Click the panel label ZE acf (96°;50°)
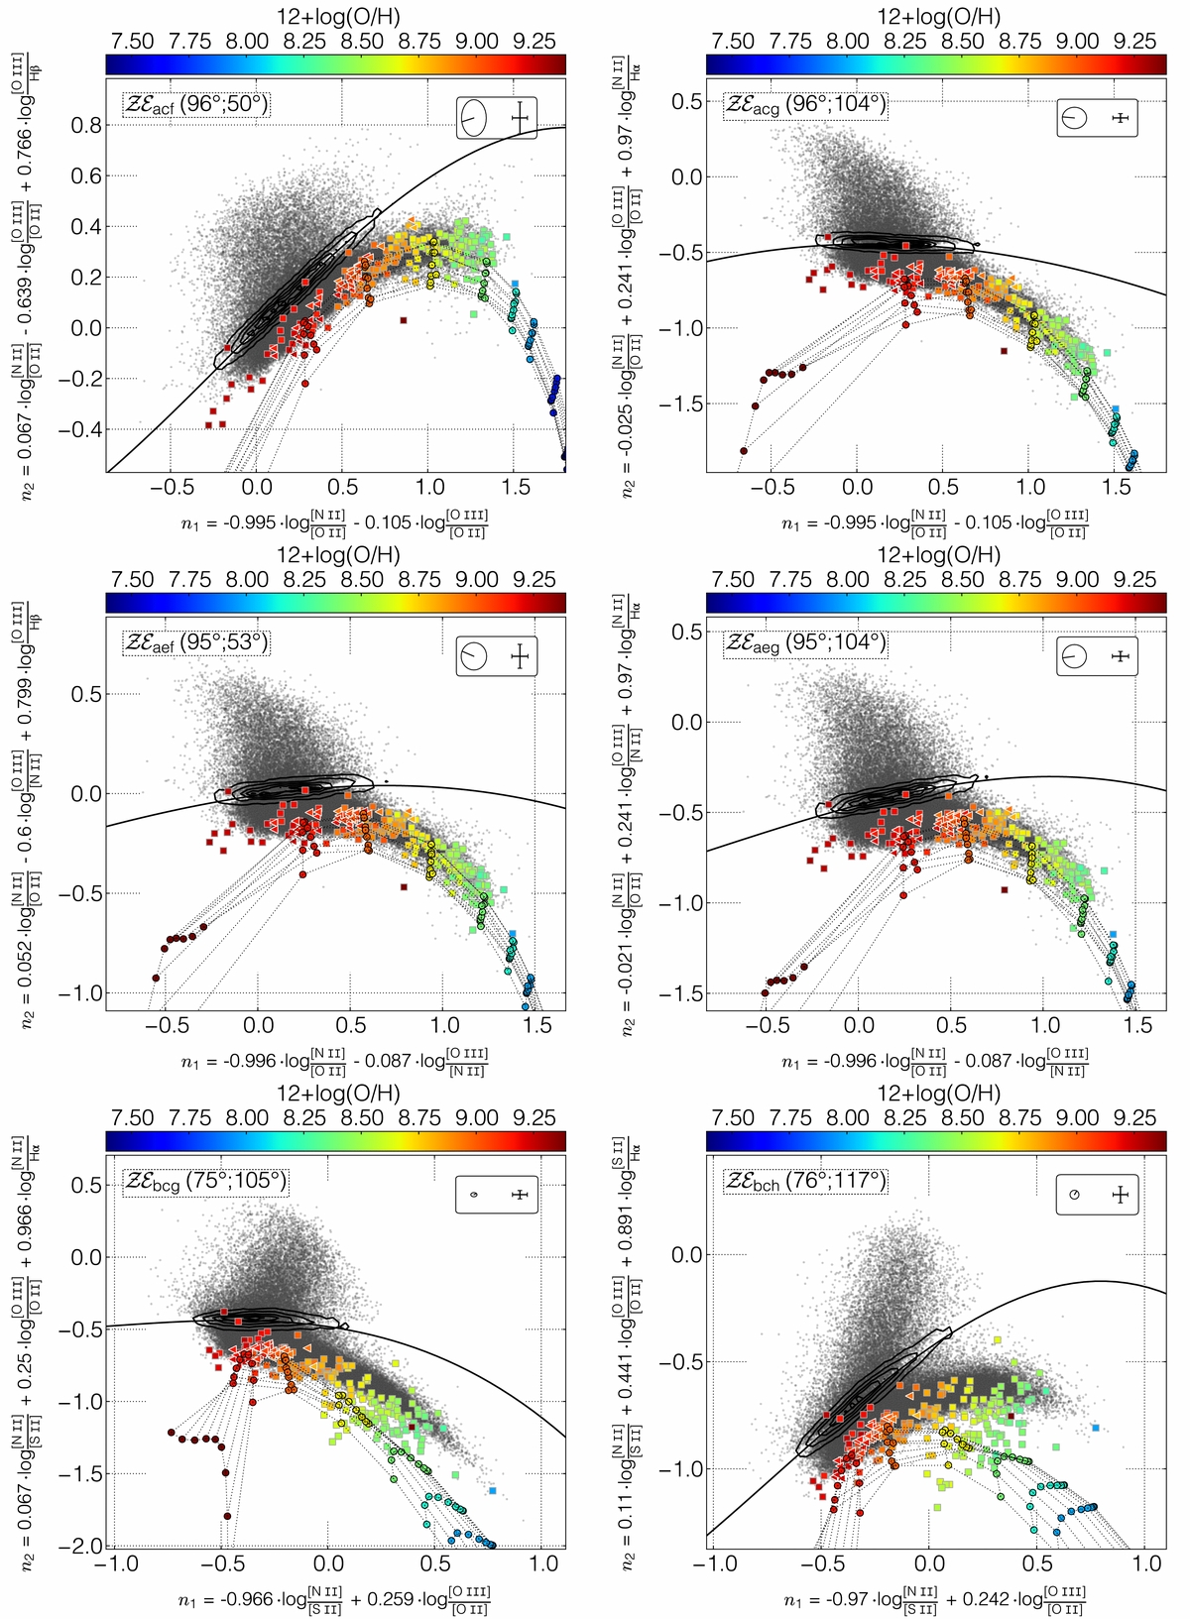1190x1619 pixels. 196,105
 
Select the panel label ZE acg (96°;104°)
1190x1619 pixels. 805,105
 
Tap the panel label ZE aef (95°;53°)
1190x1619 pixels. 196,642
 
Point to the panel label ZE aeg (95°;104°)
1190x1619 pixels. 805,642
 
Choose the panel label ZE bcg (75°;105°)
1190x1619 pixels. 204,1181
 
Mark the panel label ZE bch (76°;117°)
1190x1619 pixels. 805,1181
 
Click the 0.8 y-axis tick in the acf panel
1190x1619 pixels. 85,126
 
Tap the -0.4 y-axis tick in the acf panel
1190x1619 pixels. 79,429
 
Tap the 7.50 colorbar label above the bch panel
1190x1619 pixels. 733,1117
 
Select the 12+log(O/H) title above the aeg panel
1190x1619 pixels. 938,555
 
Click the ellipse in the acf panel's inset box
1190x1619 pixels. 473,119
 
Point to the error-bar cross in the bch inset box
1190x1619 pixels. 1121,1195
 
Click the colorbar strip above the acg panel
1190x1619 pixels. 936,63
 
